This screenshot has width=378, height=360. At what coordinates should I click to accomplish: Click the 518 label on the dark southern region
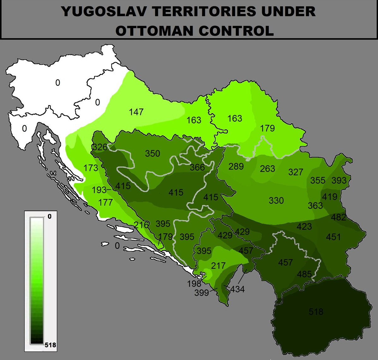pos(316,312)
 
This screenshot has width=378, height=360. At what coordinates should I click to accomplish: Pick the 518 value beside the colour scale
pos(50,345)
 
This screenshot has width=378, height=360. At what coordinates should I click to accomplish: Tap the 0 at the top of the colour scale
pos(49,216)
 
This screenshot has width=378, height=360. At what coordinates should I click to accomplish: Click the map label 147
pos(136,112)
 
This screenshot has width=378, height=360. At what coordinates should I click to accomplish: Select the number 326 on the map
pos(99,147)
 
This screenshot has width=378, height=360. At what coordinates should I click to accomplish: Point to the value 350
pos(153,154)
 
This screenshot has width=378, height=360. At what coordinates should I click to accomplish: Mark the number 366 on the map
pos(197,167)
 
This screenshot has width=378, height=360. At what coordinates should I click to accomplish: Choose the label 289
pos(236,166)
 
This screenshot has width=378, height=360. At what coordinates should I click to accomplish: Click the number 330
pos(276,200)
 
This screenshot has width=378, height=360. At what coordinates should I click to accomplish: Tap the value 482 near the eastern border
pos(339,217)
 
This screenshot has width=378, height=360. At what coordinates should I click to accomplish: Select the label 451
pos(333,237)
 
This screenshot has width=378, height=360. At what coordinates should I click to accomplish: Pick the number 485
pos(304,274)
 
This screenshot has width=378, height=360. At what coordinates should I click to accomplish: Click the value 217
pos(218,265)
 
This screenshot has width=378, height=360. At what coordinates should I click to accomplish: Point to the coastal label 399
pos(201,293)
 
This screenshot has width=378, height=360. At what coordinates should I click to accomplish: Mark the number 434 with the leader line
pos(237,289)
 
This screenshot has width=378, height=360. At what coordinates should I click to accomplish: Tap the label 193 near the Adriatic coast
pos(99,190)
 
